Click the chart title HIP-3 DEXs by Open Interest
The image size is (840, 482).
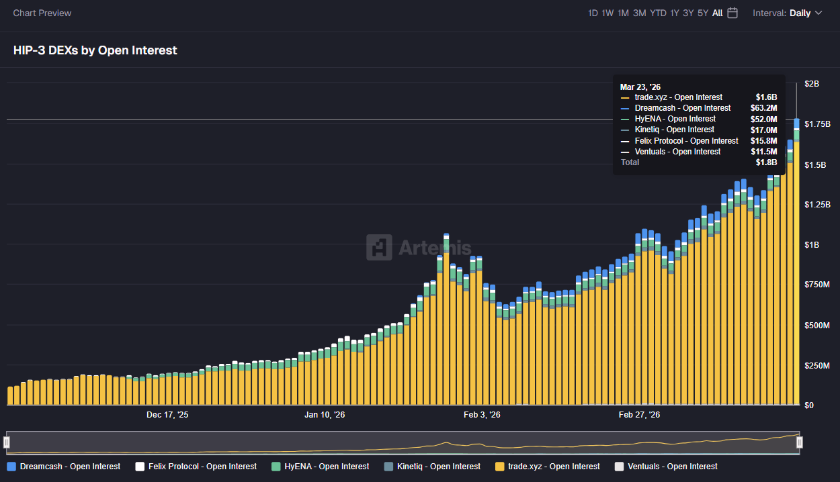[x=95, y=50]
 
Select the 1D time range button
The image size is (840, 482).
[x=593, y=13]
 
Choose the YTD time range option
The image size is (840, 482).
[x=658, y=13]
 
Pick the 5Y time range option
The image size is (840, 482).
[x=703, y=13]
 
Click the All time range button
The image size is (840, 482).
[x=718, y=13]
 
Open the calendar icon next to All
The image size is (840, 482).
[x=732, y=13]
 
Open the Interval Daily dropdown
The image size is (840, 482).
[x=787, y=13]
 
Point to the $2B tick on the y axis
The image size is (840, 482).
[x=812, y=84]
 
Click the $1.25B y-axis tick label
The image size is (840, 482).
[x=817, y=205]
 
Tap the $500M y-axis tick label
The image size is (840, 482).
[x=817, y=326]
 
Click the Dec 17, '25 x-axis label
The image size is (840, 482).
[x=167, y=415]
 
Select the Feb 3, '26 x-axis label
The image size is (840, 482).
[x=482, y=415]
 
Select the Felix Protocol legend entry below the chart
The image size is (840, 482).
[x=196, y=467]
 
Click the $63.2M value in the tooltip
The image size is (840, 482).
[x=763, y=108]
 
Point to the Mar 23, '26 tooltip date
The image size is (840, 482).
[x=640, y=87]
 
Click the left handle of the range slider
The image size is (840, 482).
[x=7, y=442]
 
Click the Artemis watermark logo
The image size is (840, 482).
[x=419, y=247]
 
